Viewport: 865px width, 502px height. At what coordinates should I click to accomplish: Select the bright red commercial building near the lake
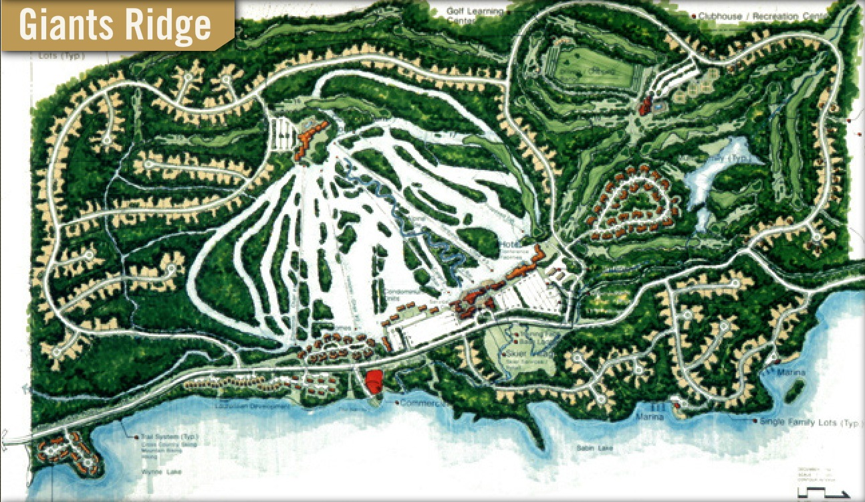pyautogui.click(x=374, y=381)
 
